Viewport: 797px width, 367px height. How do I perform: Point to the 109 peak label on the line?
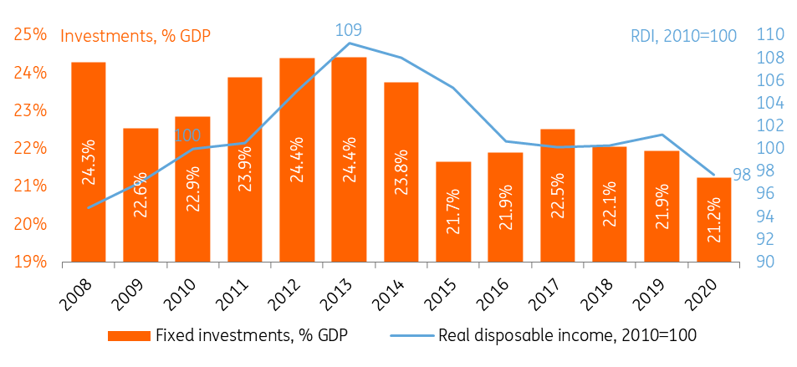pos(349,30)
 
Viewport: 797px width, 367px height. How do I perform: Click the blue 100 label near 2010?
pos(188,135)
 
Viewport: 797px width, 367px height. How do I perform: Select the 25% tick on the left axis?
pos(30,34)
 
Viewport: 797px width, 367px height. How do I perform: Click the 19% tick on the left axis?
pos(30,262)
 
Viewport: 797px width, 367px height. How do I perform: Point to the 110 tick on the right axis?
pos(769,35)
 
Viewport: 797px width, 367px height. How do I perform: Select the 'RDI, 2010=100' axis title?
pos(682,36)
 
